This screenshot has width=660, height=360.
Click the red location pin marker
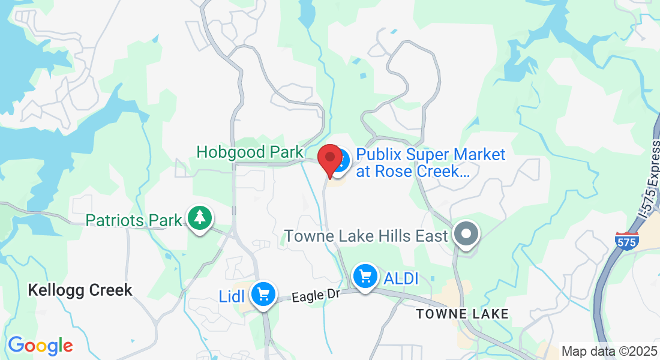[x=329, y=158]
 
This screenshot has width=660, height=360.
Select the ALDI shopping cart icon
[x=365, y=277]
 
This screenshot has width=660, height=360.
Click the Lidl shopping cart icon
[x=263, y=294]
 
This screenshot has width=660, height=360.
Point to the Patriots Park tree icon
[x=199, y=218]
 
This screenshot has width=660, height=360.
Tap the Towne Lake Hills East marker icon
[x=466, y=234]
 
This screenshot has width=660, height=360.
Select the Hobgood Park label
[x=250, y=152]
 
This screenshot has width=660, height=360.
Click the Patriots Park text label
[x=133, y=220]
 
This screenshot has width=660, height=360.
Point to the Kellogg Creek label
[x=80, y=291]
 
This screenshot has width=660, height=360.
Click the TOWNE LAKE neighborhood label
[x=463, y=314]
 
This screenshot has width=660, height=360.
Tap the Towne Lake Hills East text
[x=366, y=236]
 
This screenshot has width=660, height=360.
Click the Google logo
[x=40, y=346]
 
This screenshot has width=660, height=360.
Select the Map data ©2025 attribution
[x=608, y=350]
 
